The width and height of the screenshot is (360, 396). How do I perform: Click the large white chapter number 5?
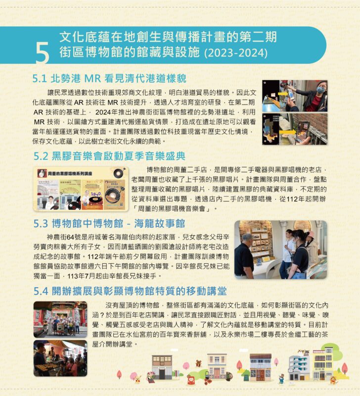(x=43, y=53)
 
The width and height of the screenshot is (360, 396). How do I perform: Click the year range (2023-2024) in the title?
(x=236, y=53)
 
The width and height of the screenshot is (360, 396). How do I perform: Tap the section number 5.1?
(x=40, y=79)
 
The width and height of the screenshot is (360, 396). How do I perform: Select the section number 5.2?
(x=41, y=156)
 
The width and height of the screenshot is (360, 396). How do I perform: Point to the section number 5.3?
(x=41, y=224)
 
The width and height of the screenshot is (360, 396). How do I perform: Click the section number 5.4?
(x=41, y=291)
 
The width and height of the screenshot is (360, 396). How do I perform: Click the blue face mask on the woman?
(x=320, y=90)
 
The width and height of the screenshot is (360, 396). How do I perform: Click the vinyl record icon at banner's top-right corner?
(x=119, y=173)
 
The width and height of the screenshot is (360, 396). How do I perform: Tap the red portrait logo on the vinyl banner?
(x=43, y=173)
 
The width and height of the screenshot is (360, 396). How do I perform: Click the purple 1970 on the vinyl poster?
(x=96, y=194)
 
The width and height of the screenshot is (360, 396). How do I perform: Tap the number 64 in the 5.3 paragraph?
(x=70, y=238)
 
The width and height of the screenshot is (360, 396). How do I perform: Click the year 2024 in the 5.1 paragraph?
(x=103, y=112)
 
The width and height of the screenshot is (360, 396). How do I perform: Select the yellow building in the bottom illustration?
(x=322, y=364)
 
